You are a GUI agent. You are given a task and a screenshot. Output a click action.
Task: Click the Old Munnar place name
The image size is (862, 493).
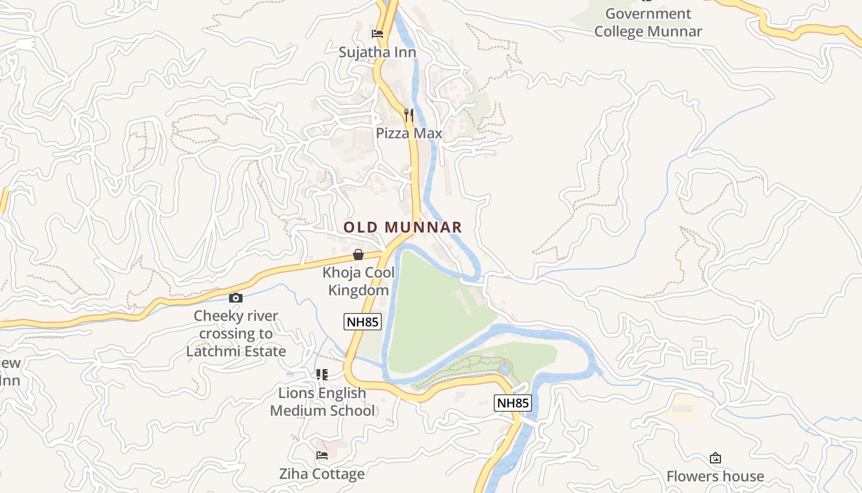point(402,227)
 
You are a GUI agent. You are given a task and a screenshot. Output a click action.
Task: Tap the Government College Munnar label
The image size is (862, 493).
point(648,23)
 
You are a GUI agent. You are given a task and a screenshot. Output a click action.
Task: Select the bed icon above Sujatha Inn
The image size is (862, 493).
point(377,34)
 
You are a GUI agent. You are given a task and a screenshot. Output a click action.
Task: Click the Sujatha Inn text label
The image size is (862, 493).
point(377,52)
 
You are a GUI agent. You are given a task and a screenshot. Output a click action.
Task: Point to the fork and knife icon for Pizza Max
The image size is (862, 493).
point(408,115)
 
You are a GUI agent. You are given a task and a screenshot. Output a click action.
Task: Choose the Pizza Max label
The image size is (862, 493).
point(409,133)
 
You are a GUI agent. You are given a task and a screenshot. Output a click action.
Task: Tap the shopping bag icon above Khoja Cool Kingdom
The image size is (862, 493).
point(358,255)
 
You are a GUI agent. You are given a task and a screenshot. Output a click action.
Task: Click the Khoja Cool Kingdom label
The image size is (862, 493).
point(358,281)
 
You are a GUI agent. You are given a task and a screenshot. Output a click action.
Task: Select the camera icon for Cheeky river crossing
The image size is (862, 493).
point(235,298)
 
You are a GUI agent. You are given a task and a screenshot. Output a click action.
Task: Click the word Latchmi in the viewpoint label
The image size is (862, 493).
point(213,351)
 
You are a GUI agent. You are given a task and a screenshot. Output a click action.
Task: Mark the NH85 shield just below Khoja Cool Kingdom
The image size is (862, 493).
point(362,321)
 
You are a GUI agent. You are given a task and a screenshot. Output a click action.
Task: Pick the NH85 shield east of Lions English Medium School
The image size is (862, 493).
point(512,403)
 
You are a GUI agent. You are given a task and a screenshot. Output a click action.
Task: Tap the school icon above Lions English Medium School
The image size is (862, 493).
point(321,375)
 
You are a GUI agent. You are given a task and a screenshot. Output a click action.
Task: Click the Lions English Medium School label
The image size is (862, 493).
point(322,402)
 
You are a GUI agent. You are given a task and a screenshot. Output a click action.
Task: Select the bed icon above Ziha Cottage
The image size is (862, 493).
point(321,456)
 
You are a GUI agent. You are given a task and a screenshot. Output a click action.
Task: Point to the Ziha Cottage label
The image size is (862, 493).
point(321,474)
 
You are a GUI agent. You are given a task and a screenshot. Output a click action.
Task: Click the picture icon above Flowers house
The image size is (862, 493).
point(715,458)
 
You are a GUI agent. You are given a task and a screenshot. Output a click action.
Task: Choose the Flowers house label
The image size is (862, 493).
point(715,476)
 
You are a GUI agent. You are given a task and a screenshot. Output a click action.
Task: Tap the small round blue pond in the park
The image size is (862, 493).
point(505,369)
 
